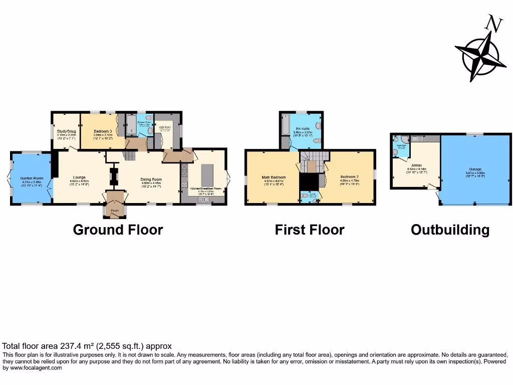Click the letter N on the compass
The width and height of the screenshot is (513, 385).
(x=494, y=24)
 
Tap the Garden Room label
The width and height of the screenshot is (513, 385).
(x=32, y=178)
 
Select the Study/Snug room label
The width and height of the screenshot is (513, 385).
(x=66, y=131)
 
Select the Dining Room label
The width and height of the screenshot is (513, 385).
(x=151, y=179)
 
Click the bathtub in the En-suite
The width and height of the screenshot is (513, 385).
(x=286, y=125)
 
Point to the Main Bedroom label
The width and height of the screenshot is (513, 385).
(x=274, y=177)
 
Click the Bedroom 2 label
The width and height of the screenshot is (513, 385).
(x=350, y=177)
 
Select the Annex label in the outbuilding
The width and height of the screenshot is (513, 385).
(x=417, y=165)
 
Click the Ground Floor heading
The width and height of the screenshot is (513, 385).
(x=118, y=230)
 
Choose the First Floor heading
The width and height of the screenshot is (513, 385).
(x=309, y=230)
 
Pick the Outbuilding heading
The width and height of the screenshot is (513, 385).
(x=450, y=230)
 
